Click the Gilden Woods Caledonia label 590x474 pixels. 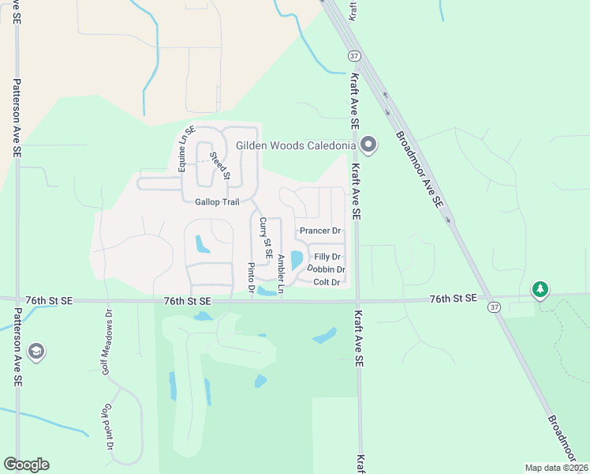tap(296, 146)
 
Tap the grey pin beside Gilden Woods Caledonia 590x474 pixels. tap(368, 145)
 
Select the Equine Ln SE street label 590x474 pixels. tap(185, 149)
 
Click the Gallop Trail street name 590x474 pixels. tap(217, 202)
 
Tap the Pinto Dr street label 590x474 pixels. tap(251, 278)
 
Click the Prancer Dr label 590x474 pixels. tap(319, 231)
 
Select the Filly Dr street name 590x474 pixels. tap(327, 258)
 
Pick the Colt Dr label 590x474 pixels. tap(326, 282)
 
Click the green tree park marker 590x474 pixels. tap(540, 290)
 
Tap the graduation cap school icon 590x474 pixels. tap(35, 352)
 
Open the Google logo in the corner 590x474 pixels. tap(26, 465)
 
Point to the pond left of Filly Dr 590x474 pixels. tap(297, 259)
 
